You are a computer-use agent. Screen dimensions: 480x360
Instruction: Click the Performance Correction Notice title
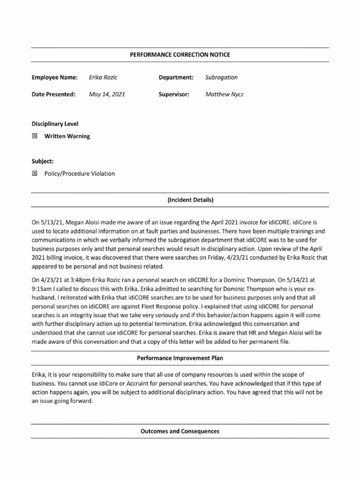tap(180, 55)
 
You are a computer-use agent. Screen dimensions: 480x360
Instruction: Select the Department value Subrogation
tap(221, 77)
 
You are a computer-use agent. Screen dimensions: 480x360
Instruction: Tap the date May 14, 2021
tap(107, 94)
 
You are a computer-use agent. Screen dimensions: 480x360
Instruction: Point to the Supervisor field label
tap(174, 94)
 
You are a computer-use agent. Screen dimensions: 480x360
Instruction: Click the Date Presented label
tap(53, 94)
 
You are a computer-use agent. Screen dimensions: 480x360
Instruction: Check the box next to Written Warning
tap(34, 136)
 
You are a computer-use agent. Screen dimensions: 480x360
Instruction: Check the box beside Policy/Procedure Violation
tap(34, 173)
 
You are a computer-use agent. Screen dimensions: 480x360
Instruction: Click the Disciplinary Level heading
tap(55, 124)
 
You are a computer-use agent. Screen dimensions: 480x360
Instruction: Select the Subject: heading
tap(42, 161)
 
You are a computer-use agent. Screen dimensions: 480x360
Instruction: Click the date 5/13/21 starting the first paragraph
tap(52, 220)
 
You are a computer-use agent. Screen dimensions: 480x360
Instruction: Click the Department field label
tap(176, 77)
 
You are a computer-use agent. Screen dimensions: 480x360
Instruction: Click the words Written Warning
tap(67, 136)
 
